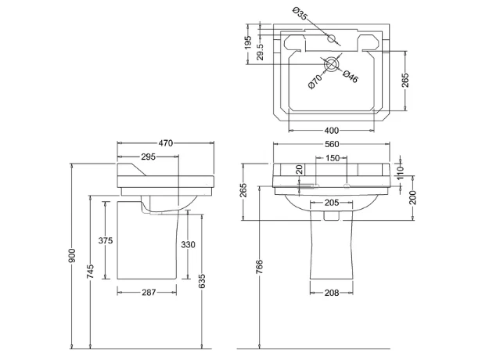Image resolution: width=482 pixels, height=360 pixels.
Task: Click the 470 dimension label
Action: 166,143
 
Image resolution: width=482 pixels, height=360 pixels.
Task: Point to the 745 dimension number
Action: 92,272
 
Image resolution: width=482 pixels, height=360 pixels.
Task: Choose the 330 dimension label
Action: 188,244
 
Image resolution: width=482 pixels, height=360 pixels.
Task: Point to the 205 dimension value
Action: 332,203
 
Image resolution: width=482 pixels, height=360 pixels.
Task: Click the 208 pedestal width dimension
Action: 331,293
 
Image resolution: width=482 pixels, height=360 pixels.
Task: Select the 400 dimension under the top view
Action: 332,130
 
